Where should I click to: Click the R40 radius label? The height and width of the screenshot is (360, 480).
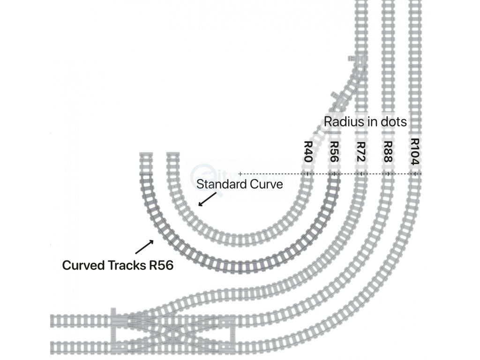tap(308, 152)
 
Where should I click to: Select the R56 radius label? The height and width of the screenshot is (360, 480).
tap(334, 152)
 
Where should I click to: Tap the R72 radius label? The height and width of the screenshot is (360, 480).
tap(360, 152)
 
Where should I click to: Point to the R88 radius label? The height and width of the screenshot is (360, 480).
tap(388, 152)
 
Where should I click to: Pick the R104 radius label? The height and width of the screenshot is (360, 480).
tap(414, 151)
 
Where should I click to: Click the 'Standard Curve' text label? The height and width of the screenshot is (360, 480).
tap(240, 184)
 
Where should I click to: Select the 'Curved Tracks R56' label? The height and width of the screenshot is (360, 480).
tap(118, 265)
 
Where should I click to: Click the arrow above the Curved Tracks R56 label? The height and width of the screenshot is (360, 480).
tap(144, 247)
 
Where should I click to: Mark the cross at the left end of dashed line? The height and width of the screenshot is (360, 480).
tap(240, 174)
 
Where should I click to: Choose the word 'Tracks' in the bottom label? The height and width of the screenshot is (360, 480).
tap(124, 265)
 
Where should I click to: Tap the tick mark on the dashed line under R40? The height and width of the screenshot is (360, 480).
tap(307, 174)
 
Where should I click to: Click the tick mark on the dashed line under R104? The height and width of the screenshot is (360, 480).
tap(414, 174)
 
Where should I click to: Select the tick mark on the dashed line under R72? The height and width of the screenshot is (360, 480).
tap(360, 174)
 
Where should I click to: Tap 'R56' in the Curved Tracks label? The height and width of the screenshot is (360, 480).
tap(160, 265)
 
